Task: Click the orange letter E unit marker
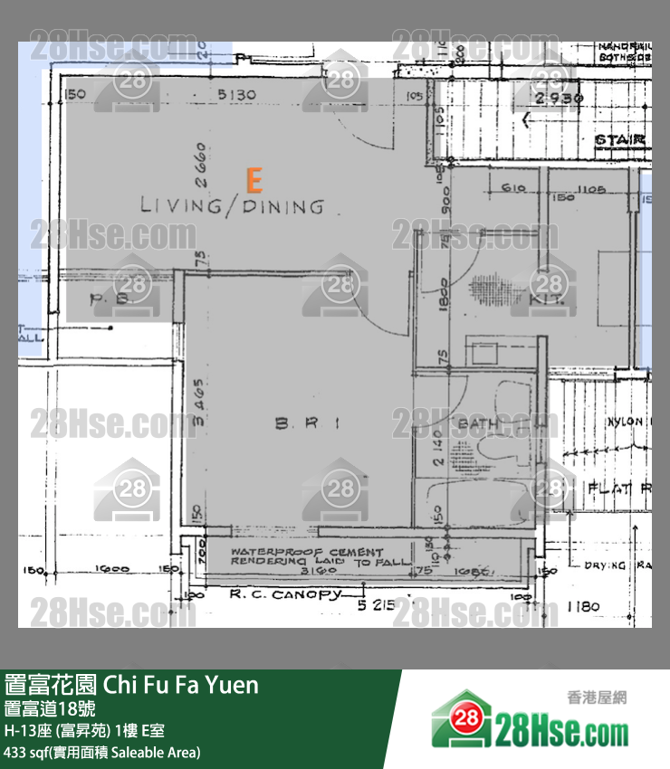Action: click(254, 181)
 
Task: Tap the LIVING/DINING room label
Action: click(232, 207)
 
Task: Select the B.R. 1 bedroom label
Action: click(307, 423)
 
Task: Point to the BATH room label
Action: click(474, 423)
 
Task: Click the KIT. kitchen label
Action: click(550, 298)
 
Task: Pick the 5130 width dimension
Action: click(236, 94)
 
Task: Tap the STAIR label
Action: click(619, 140)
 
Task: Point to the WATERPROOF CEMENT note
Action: click(307, 552)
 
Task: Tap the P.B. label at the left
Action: click(112, 298)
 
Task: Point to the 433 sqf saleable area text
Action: click(102, 752)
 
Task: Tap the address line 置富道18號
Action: click(49, 708)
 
